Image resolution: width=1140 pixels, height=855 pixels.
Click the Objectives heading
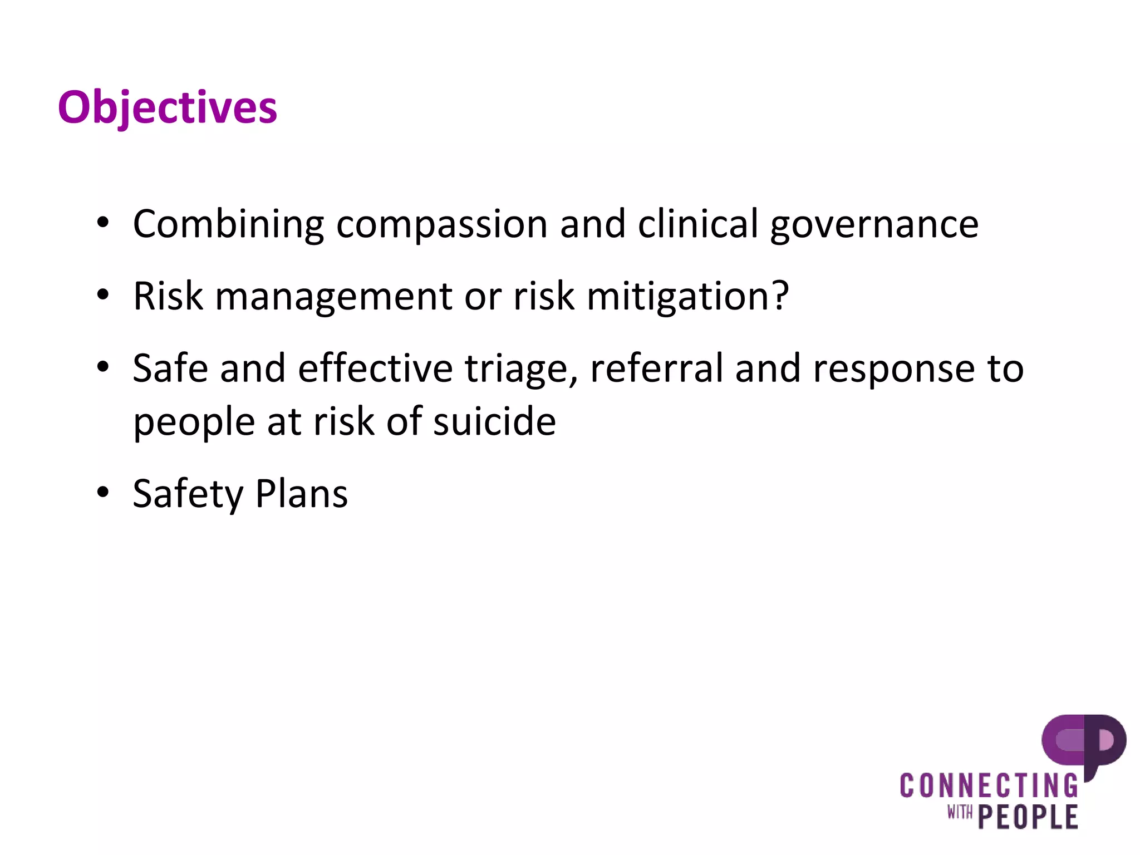pyautogui.click(x=167, y=107)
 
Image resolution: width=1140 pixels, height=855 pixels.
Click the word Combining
pyautogui.click(x=228, y=224)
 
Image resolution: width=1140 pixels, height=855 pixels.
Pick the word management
pyautogui.click(x=333, y=297)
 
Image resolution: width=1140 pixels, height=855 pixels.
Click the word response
pyautogui.click(x=894, y=370)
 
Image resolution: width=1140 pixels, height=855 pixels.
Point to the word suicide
pyautogui.click(x=494, y=421)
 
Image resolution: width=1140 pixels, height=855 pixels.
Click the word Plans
pyautogui.click(x=301, y=494)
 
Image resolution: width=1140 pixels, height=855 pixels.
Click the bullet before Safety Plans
pyautogui.click(x=103, y=493)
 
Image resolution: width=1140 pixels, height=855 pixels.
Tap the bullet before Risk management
pyautogui.click(x=103, y=295)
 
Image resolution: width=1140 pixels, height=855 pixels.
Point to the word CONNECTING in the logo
pyautogui.click(x=989, y=786)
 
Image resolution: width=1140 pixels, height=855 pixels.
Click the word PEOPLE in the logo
pyautogui.click(x=1028, y=817)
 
